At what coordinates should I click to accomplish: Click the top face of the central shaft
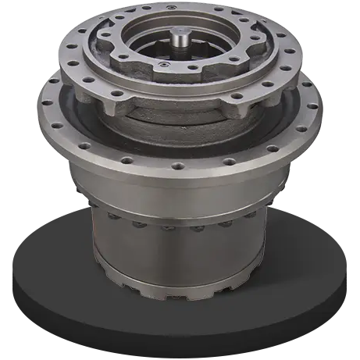[x=183, y=30]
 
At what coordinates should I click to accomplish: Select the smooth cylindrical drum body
[x=180, y=250]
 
